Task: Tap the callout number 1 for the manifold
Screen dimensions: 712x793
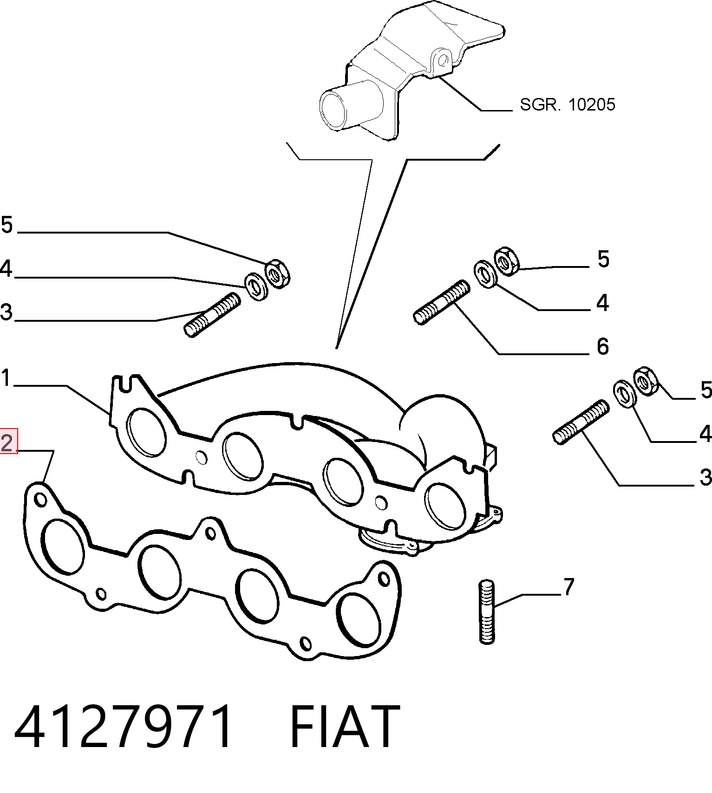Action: [6, 378]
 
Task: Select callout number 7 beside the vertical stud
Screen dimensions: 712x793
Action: [569, 587]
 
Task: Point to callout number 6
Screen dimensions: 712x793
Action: [602, 346]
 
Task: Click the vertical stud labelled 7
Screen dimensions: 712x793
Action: [486, 611]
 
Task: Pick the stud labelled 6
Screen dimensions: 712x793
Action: [441, 302]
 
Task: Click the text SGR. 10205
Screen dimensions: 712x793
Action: [567, 104]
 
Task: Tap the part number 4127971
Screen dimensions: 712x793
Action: [123, 727]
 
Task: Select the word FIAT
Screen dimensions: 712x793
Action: [345, 727]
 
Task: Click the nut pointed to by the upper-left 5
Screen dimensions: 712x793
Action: [278, 274]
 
